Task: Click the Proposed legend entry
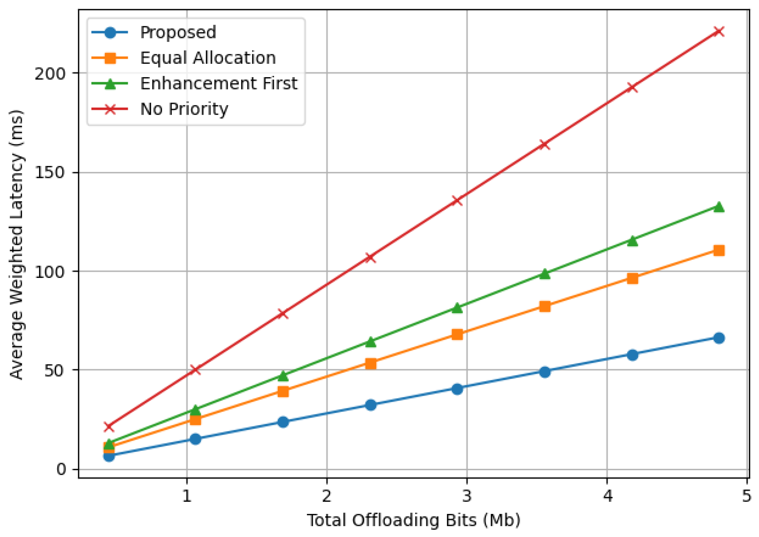coord(178,32)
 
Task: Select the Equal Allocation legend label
coord(208,58)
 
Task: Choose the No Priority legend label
coord(184,109)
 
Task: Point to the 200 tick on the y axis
coord(50,73)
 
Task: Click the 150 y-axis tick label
coord(50,173)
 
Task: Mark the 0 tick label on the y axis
coord(61,469)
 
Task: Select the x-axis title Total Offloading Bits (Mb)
coord(414,520)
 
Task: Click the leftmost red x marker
coord(109,427)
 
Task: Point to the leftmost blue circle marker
coord(109,456)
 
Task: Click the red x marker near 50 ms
coord(195,369)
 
